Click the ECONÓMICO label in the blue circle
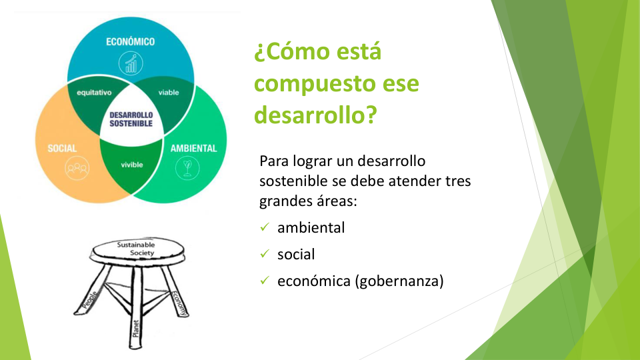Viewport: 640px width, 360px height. coord(130,41)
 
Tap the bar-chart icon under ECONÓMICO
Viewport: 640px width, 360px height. coord(131,63)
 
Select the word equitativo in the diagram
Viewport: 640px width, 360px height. coord(94,93)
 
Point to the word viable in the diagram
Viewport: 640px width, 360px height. coord(169,92)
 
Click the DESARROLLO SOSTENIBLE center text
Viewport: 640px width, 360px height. coord(131,119)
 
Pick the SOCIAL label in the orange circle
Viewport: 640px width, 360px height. coord(62,148)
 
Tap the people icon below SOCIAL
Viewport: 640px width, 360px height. coord(77,168)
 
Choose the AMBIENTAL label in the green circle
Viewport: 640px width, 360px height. coord(193,148)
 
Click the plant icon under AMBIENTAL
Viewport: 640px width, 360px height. coord(187,168)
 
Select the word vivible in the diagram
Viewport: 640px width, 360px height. coord(132,165)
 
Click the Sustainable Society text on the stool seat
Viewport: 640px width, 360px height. coord(136,249)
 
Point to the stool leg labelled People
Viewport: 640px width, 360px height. coord(92,290)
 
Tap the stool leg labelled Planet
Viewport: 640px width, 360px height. coord(136,308)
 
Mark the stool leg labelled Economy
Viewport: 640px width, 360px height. coord(176,291)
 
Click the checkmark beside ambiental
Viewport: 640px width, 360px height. coord(265,227)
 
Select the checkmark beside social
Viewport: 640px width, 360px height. coord(265,254)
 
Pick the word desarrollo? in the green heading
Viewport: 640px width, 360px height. coord(315,115)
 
